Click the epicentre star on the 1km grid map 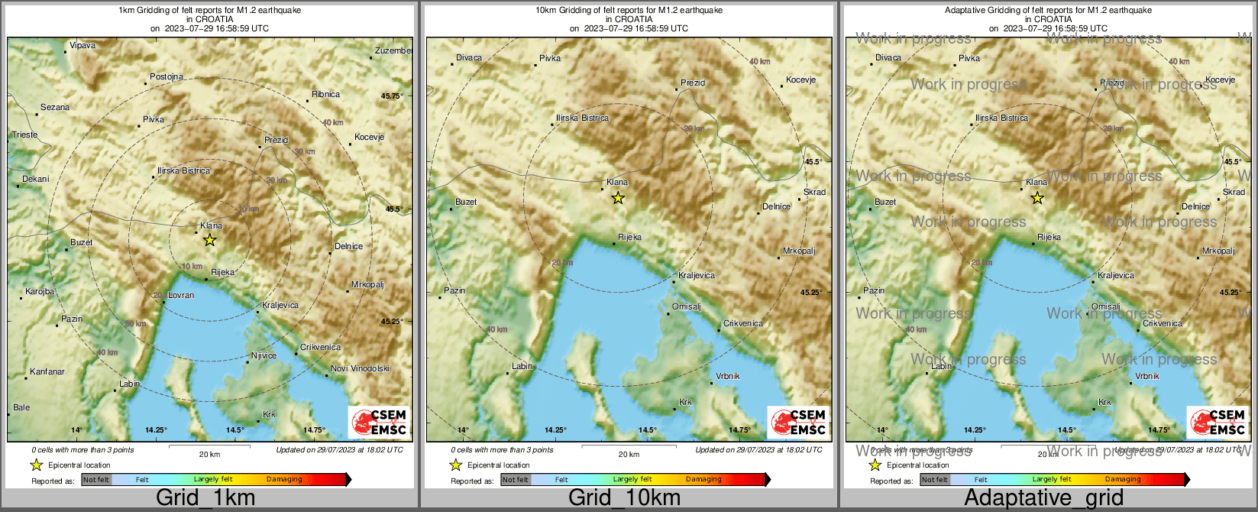(x=210, y=240)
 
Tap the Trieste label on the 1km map (x=24, y=135)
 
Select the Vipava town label (x=82, y=46)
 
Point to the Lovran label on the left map (x=181, y=295)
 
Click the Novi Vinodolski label (x=360, y=368)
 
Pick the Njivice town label (x=264, y=355)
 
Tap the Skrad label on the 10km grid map (x=814, y=192)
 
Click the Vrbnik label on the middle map (x=728, y=376)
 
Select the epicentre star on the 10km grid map (x=618, y=199)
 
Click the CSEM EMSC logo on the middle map (x=798, y=423)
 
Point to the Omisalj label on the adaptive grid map (x=1105, y=306)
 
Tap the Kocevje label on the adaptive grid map (x=1220, y=79)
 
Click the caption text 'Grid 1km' (x=205, y=498)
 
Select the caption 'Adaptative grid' (x=1043, y=498)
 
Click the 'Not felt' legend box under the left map (x=96, y=480)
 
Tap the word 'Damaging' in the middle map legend (x=703, y=480)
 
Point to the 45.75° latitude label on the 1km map (x=392, y=96)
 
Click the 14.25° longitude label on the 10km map (x=555, y=429)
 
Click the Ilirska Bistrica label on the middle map (x=583, y=118)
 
